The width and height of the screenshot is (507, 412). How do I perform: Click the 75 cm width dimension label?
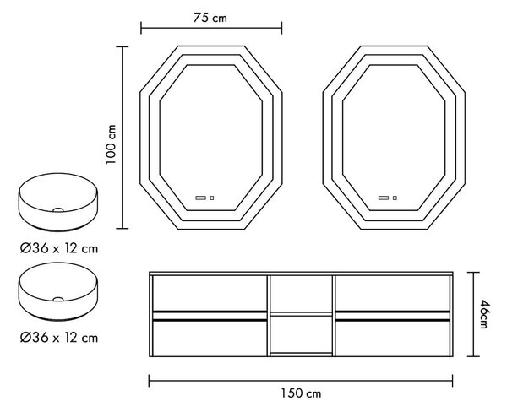pyautogui.click(x=210, y=18)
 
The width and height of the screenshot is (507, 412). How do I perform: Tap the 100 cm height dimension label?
pyautogui.click(x=111, y=144)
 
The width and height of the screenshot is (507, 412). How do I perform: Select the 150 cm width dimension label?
pyautogui.click(x=301, y=393)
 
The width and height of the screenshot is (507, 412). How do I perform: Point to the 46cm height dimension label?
pyautogui.click(x=483, y=314)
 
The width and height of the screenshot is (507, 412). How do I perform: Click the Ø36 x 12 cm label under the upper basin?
pyautogui.click(x=59, y=248)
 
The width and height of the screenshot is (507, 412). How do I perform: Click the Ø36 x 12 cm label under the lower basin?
pyautogui.click(x=59, y=338)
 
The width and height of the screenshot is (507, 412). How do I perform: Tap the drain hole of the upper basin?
pyautogui.click(x=58, y=210)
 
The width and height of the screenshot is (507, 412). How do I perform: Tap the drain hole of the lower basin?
pyautogui.click(x=58, y=299)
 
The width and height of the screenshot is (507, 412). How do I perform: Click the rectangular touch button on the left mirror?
pyautogui.click(x=201, y=198)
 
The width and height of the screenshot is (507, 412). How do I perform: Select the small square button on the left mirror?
pyautogui.click(x=212, y=198)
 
